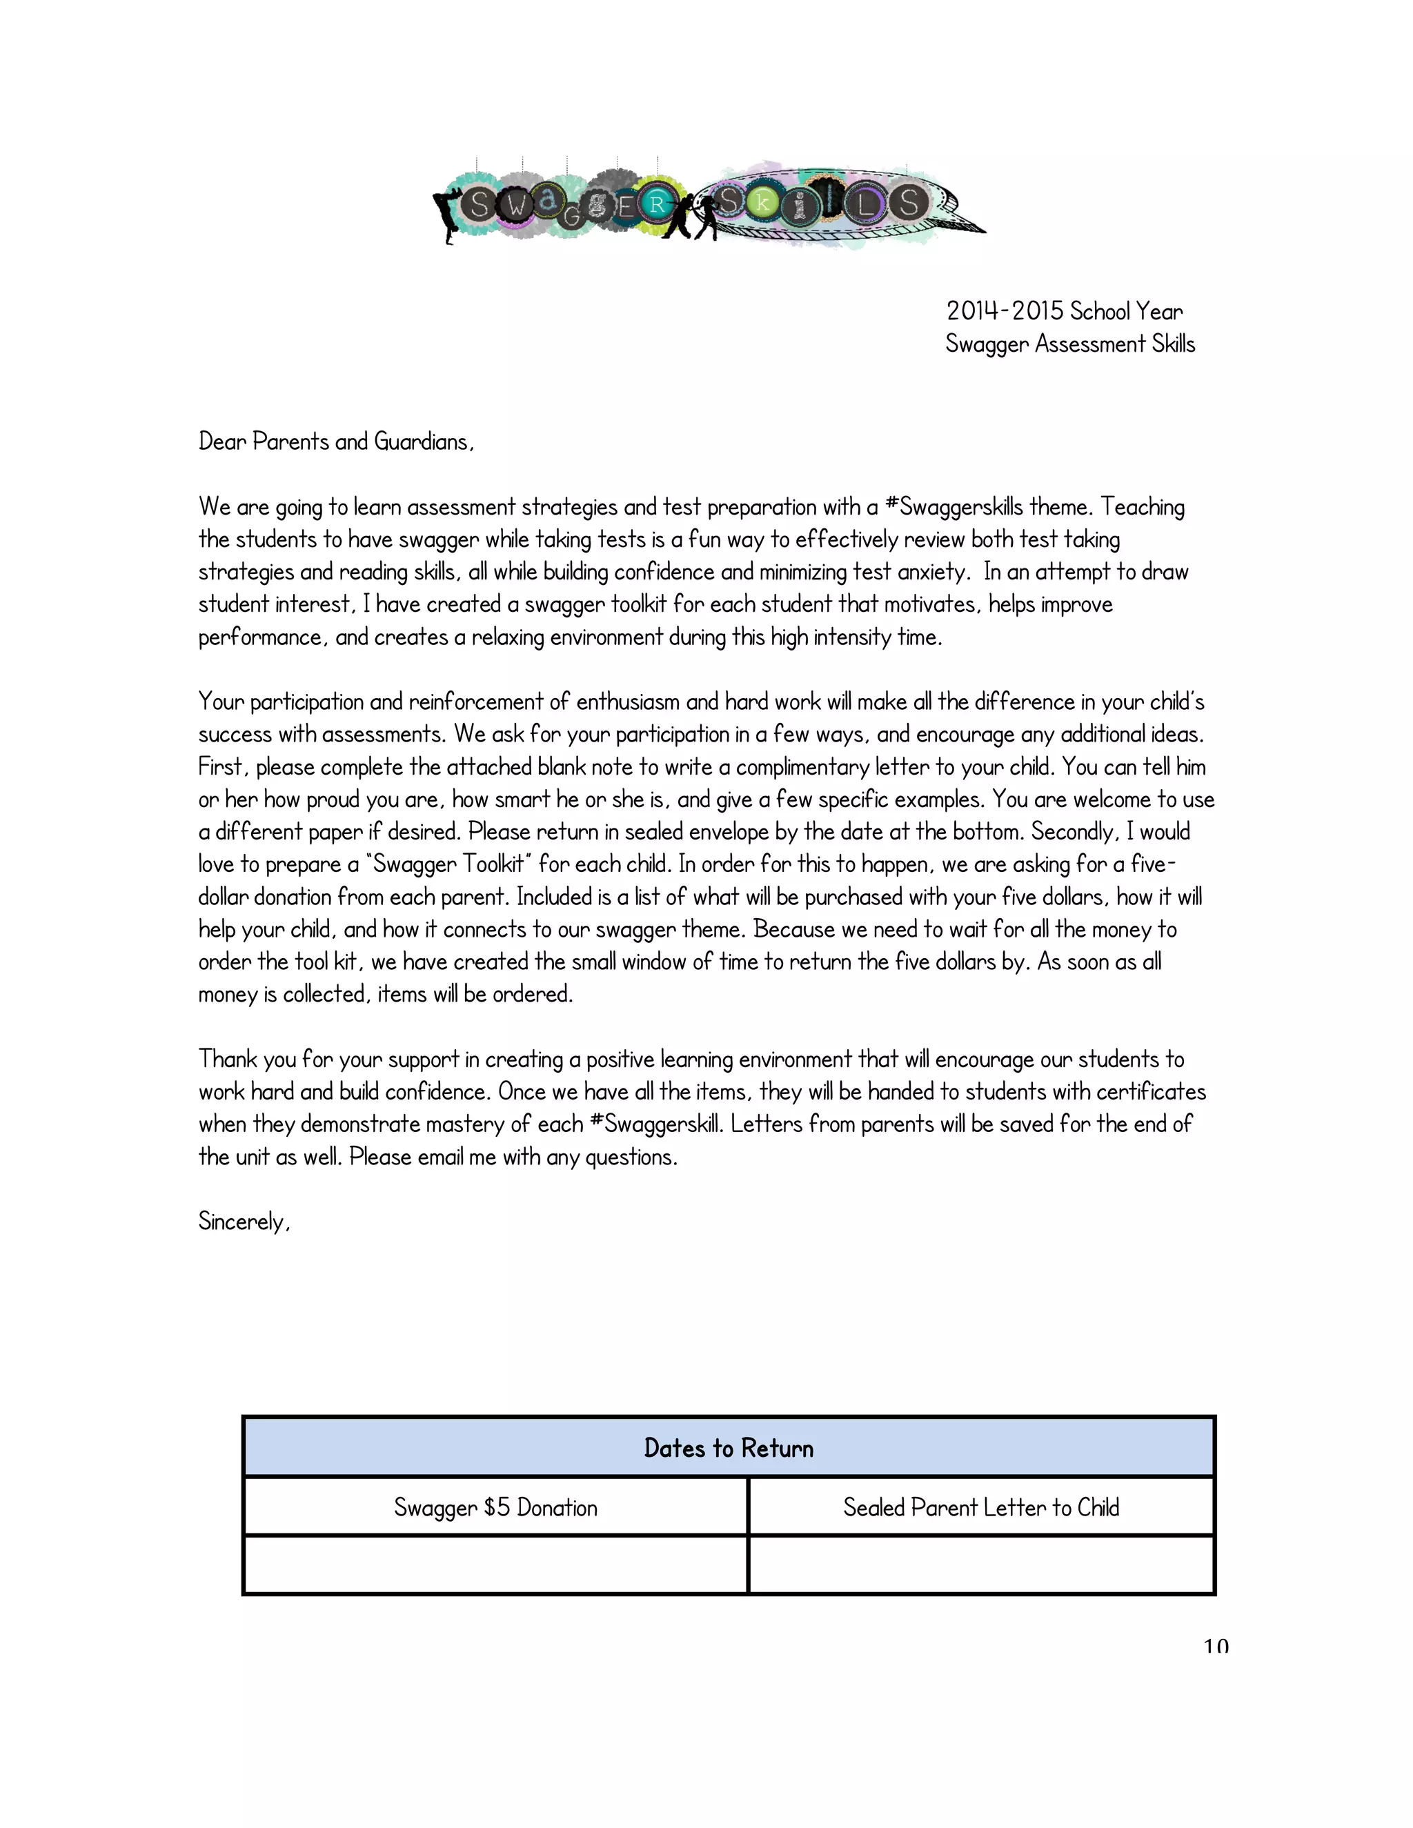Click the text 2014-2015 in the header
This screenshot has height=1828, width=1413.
pyautogui.click(x=1005, y=311)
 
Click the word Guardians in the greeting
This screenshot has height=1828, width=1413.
pyautogui.click(x=424, y=442)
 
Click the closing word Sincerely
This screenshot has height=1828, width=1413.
pyautogui.click(x=244, y=1222)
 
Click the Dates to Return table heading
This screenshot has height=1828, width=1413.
pyautogui.click(x=729, y=1449)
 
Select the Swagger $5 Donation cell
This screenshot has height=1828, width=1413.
pyautogui.click(x=495, y=1508)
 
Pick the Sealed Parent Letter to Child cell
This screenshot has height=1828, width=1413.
pyautogui.click(x=980, y=1508)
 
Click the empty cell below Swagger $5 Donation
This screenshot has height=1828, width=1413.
pyautogui.click(x=495, y=1566)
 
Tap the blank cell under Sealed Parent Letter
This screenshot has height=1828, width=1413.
pyautogui.click(x=980, y=1566)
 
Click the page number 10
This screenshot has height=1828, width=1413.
pyautogui.click(x=1216, y=1647)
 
